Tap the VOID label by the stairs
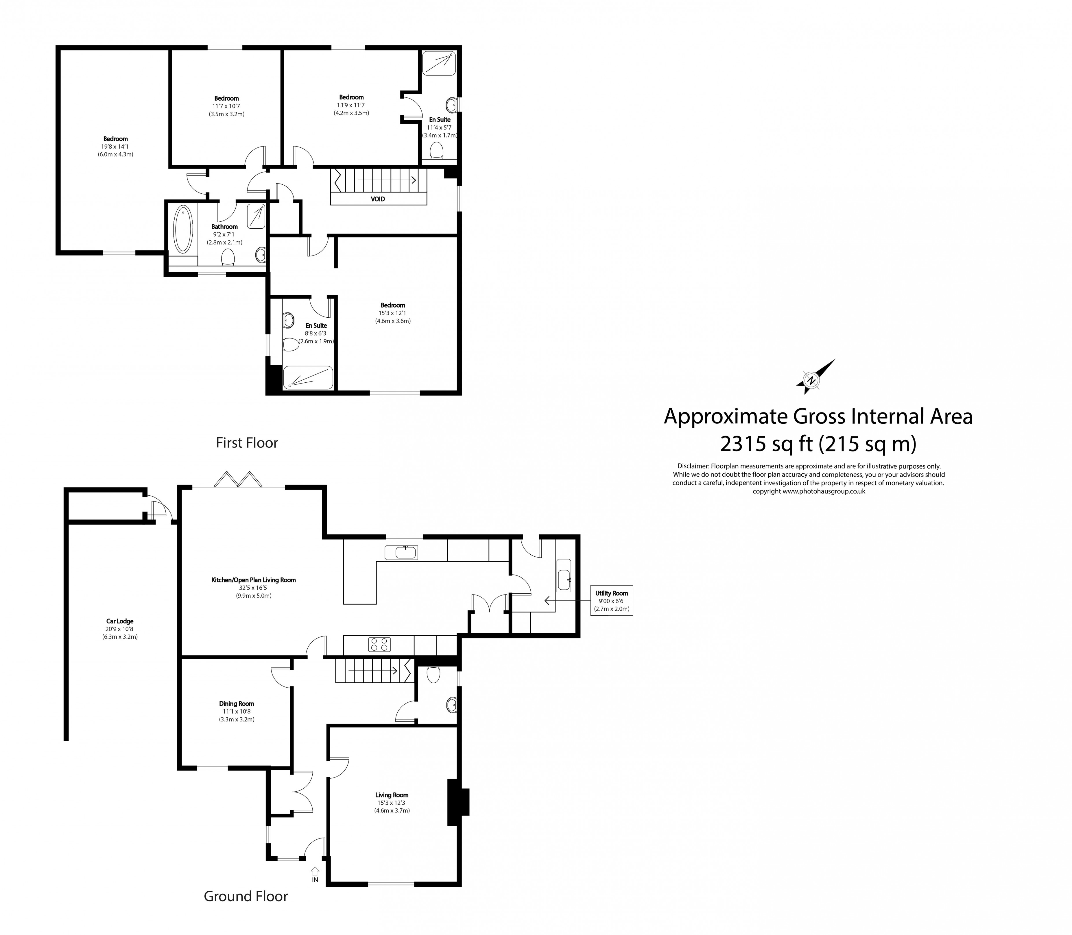(378, 199)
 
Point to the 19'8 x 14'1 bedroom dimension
(115, 147)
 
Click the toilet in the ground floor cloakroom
(433, 675)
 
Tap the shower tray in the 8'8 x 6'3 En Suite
(308, 378)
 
